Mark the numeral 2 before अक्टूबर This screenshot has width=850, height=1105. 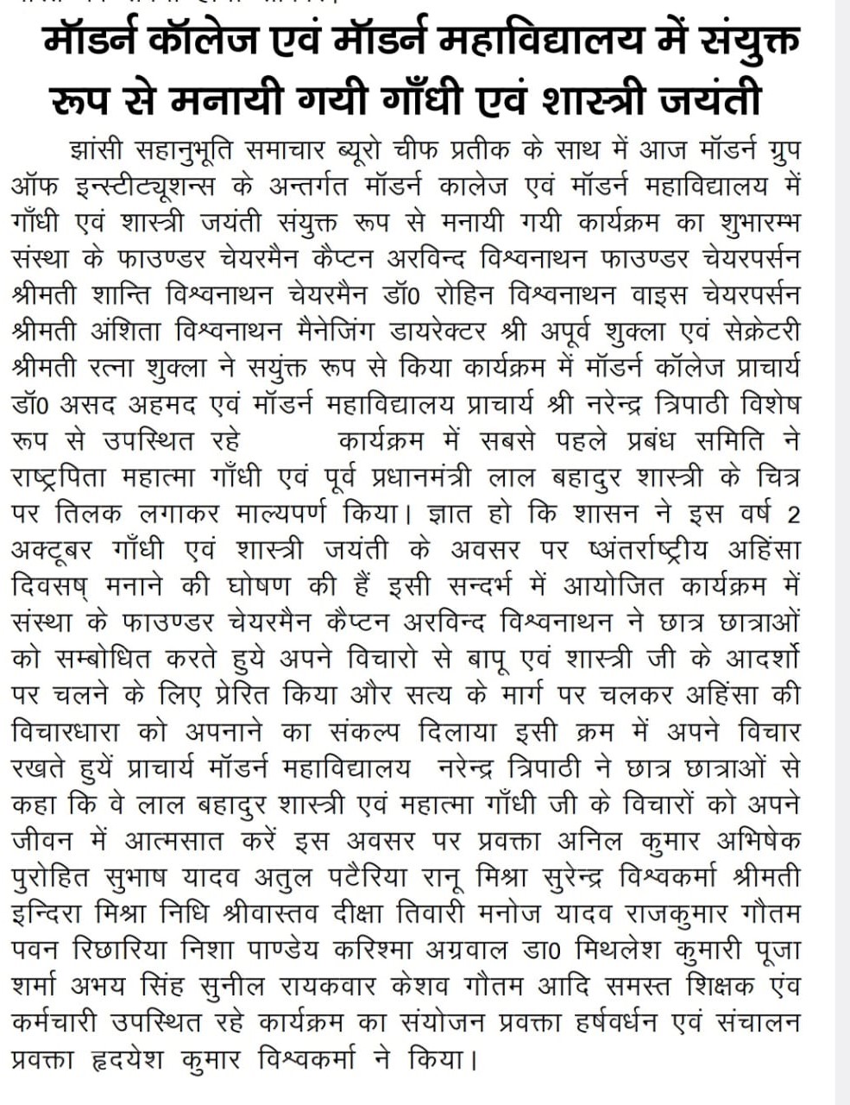[792, 515]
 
